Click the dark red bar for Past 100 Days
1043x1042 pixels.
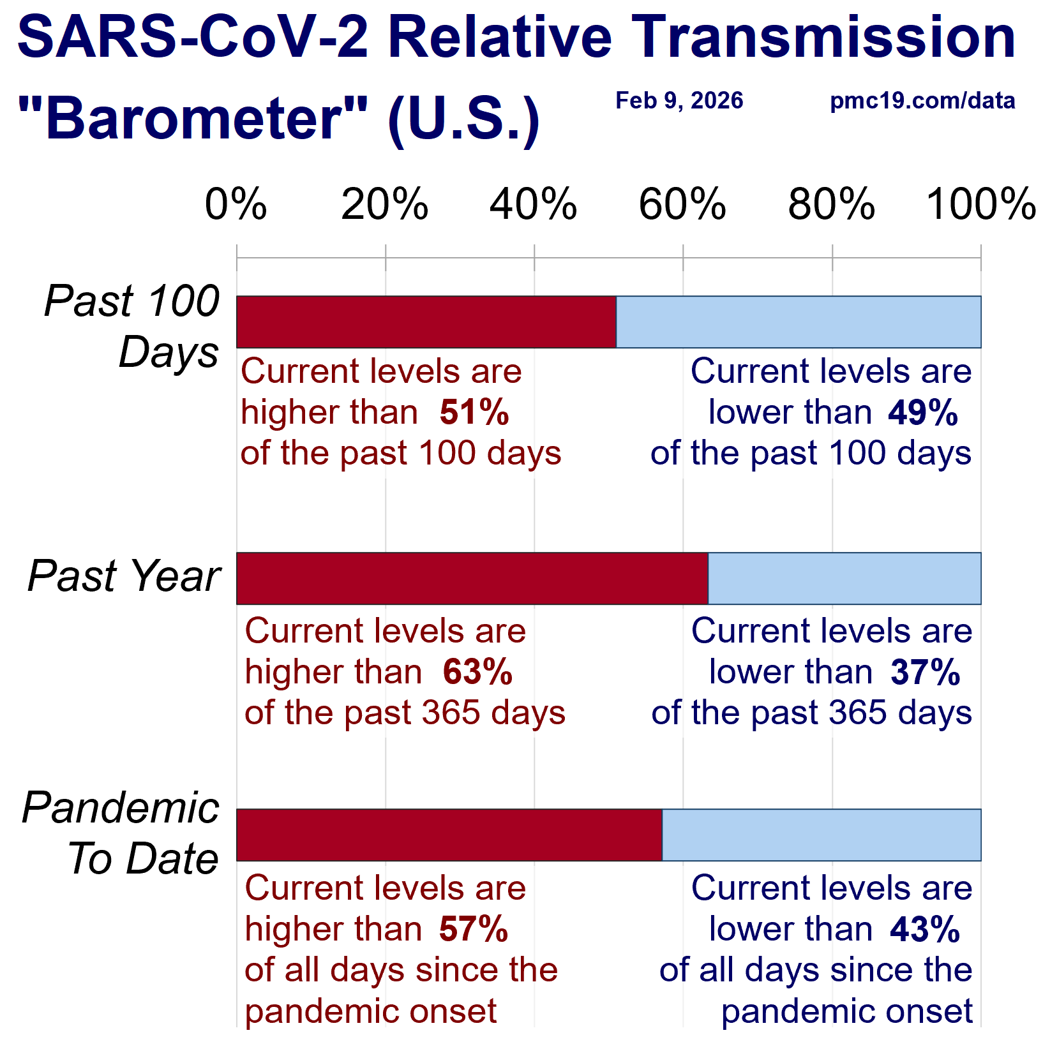[426, 322]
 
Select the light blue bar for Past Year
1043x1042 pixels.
[844, 578]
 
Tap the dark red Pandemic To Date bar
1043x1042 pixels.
[449, 835]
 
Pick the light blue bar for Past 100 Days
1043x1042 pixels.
[798, 322]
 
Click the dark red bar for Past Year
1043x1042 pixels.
[472, 578]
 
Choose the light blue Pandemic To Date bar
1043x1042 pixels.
[821, 835]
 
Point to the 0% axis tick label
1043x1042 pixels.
[236, 205]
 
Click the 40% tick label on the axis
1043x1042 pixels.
[533, 205]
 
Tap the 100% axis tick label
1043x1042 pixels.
[980, 205]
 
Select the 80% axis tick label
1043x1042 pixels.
[831, 205]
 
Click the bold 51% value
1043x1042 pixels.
[474, 412]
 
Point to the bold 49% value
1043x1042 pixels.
[923, 412]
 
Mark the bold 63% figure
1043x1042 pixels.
[477, 672]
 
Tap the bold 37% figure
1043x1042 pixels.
[926, 672]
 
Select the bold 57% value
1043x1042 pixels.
[474, 929]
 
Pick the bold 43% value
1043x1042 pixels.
[926, 929]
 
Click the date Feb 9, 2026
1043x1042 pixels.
[679, 101]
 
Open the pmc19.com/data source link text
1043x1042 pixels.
[922, 101]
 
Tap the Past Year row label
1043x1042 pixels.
[124, 576]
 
